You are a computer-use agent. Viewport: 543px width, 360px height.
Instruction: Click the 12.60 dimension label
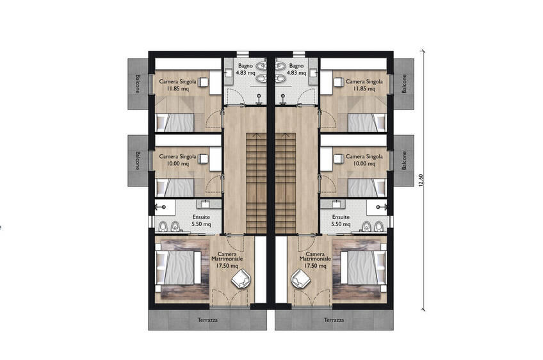(x=421, y=180)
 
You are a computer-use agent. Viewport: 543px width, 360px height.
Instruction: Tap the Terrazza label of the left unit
(x=207, y=320)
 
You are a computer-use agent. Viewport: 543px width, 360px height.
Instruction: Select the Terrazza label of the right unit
(x=334, y=320)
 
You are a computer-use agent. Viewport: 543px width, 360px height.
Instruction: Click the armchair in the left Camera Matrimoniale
(x=241, y=278)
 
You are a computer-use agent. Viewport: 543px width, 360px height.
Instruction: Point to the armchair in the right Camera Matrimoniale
(x=301, y=278)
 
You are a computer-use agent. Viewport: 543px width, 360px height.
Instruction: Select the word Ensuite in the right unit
(x=341, y=217)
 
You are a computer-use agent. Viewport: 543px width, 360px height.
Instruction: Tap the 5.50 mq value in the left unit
(x=201, y=224)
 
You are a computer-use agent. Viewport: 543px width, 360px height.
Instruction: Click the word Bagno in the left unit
(x=245, y=65)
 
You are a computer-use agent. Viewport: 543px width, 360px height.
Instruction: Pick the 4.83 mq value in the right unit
(x=296, y=73)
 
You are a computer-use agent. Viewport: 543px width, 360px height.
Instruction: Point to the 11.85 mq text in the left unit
(x=178, y=88)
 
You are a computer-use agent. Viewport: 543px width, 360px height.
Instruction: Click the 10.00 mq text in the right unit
(x=364, y=163)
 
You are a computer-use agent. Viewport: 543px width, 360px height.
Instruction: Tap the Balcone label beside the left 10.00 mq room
(x=138, y=160)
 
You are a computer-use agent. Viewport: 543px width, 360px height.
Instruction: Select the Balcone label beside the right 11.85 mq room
(x=404, y=84)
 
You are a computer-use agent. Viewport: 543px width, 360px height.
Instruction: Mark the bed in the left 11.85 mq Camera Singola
(x=175, y=122)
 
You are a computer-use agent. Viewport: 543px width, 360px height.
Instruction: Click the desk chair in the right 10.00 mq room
(x=337, y=158)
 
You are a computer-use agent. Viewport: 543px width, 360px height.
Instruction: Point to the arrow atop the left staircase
(x=256, y=135)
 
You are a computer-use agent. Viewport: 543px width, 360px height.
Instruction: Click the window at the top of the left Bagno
(x=243, y=53)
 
